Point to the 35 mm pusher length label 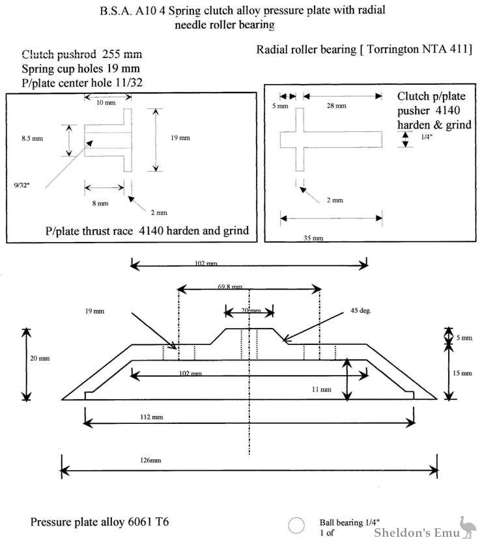(313, 238)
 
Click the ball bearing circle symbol (296, 525)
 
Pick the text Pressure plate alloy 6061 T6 (102, 522)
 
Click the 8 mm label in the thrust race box (100, 203)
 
